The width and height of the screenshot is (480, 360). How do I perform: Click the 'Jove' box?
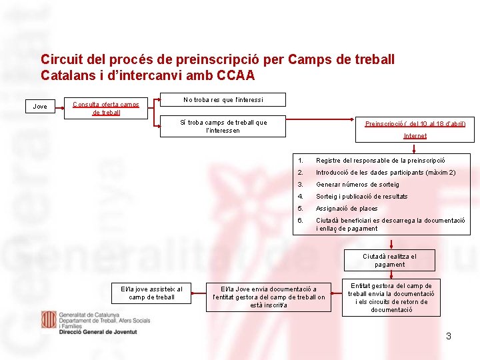coord(41,106)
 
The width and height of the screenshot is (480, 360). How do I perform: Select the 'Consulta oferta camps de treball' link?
coord(106,108)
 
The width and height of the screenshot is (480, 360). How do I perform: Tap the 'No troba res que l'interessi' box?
coord(223,100)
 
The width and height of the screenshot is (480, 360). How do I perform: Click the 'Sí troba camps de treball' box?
coord(223,126)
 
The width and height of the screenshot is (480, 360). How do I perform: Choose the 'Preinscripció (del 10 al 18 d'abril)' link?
coord(415,123)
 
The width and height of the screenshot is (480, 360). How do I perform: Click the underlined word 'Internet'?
coord(415,136)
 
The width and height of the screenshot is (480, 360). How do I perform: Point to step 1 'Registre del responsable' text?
coord(389,161)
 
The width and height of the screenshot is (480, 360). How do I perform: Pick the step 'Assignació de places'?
coord(346,209)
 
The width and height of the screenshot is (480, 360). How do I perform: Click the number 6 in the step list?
coord(301,221)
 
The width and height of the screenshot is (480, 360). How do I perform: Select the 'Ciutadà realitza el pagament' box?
coord(389,261)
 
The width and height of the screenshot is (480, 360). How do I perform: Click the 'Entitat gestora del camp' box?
coord(391,298)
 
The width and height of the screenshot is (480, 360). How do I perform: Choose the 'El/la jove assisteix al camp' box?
coord(151,293)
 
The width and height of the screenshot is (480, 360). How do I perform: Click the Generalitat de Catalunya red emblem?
coord(49,319)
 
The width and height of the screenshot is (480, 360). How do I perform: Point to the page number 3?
coord(449,336)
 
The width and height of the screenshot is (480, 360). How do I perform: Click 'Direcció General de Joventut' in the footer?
coord(97,331)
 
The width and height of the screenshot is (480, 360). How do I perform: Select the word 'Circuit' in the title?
coord(61,60)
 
